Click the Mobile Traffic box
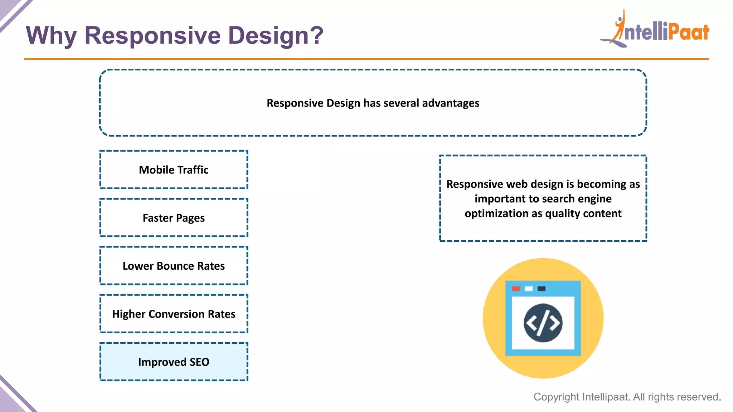point(174,170)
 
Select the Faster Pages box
point(174,218)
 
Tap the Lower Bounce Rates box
point(174,266)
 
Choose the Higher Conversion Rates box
point(174,314)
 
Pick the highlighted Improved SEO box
point(174,362)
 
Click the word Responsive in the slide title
point(152,36)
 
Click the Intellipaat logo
point(655,30)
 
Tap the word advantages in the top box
point(451,103)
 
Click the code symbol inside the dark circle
point(543,323)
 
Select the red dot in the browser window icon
point(516,289)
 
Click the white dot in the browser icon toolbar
point(529,289)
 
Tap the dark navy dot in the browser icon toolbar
point(542,289)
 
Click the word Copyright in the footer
point(556,397)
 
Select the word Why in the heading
point(51,36)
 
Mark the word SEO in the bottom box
point(199,362)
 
